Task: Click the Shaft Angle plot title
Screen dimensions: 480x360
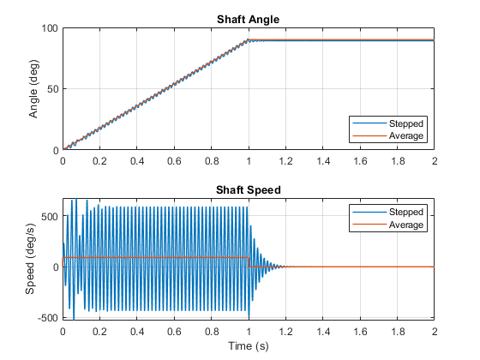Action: tap(248, 20)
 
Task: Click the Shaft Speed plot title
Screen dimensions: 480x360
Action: tap(249, 190)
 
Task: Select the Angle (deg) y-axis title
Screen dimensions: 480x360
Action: tap(33, 89)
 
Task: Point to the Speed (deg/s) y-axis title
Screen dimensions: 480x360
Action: tap(30, 259)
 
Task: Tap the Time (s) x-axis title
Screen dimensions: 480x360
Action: tap(249, 346)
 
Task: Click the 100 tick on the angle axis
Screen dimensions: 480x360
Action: tap(50, 28)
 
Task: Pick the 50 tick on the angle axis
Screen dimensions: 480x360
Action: tap(52, 89)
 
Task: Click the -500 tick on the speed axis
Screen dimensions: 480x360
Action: tap(48, 318)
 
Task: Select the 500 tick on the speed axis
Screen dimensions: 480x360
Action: tap(50, 216)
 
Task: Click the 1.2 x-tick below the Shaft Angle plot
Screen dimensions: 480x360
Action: tap(285, 161)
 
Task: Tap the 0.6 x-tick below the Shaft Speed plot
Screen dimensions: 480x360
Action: tap(174, 332)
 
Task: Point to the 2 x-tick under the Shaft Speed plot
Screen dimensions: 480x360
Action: tap(435, 332)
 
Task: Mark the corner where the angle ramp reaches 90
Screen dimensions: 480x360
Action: tap(249, 39)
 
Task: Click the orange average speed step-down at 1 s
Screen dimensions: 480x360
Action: tap(249, 262)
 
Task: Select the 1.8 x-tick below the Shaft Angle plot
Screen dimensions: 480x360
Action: tap(398, 161)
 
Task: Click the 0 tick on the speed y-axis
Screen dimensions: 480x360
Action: tap(56, 267)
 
